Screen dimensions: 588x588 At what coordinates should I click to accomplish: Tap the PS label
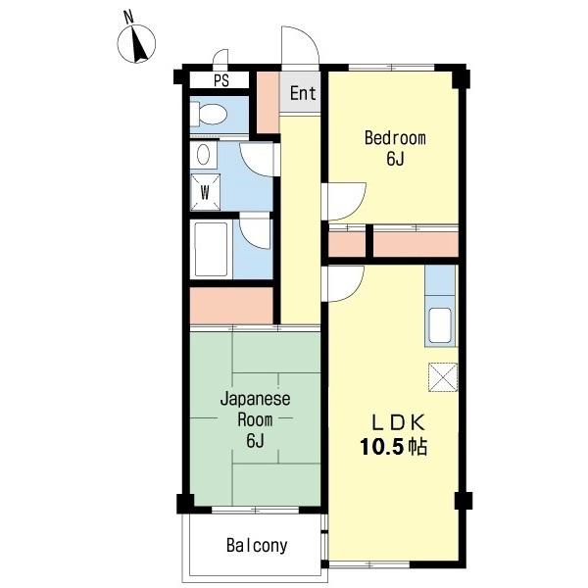click(221, 80)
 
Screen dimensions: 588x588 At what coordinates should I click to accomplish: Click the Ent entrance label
click(303, 93)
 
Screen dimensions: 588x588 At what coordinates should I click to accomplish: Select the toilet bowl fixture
click(209, 114)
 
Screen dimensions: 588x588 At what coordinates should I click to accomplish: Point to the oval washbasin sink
click(203, 154)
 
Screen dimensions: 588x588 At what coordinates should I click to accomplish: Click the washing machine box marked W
click(205, 192)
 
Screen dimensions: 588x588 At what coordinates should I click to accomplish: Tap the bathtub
click(211, 249)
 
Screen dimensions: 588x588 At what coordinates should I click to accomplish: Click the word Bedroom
click(395, 138)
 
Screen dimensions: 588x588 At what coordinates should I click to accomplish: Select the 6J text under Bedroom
click(395, 159)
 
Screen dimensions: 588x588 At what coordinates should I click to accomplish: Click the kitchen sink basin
click(440, 325)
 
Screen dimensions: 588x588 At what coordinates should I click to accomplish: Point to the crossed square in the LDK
click(443, 377)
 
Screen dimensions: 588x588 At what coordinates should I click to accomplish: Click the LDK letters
click(398, 422)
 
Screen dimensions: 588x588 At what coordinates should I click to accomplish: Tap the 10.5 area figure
click(382, 447)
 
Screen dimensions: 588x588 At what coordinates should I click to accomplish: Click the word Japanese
click(256, 399)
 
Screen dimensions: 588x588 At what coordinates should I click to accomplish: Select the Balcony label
click(257, 546)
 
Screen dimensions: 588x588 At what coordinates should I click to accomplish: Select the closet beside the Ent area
click(268, 102)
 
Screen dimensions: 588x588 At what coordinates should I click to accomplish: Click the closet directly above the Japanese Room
click(231, 305)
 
